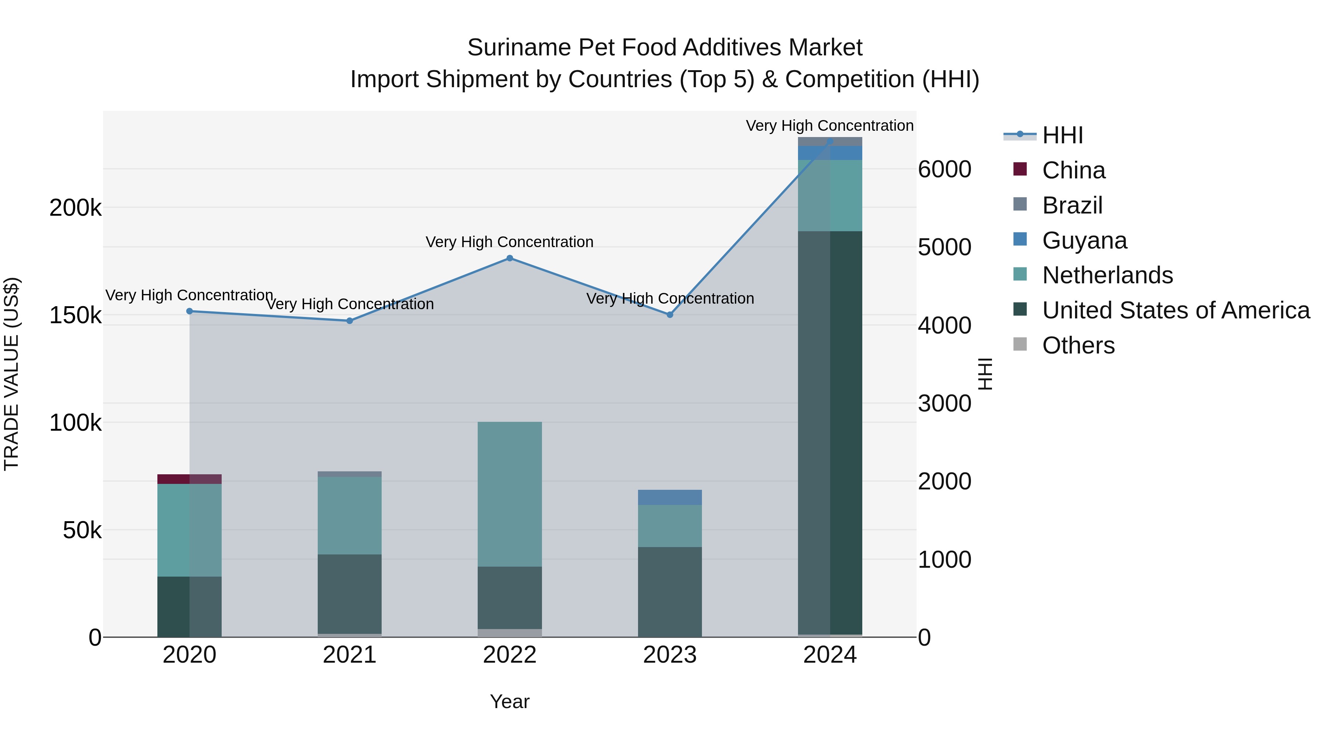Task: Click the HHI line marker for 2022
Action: point(509,258)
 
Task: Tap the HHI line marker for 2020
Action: point(190,311)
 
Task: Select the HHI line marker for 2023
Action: point(670,315)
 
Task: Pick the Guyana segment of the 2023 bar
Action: point(670,497)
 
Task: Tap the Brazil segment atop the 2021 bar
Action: point(349,474)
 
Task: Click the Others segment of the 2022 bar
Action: point(509,633)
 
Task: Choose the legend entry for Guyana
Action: point(1084,240)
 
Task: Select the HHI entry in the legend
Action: point(1062,135)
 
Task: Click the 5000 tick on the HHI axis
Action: point(944,247)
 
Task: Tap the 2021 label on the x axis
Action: point(349,655)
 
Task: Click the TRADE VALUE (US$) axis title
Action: point(11,374)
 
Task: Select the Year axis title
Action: point(509,701)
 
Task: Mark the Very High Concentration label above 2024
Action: point(830,126)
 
